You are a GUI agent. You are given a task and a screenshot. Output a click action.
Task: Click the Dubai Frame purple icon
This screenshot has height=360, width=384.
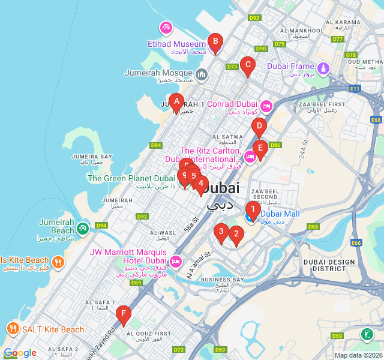324,68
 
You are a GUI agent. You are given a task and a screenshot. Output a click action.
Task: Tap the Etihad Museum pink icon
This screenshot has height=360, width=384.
166,28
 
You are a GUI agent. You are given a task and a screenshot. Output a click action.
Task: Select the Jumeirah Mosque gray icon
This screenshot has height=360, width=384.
201,74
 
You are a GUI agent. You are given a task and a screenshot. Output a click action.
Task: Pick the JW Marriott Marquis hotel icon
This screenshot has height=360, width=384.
176,262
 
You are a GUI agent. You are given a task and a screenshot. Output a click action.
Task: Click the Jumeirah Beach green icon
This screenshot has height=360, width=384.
83,228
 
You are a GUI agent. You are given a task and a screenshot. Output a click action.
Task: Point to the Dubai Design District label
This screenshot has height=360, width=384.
329,265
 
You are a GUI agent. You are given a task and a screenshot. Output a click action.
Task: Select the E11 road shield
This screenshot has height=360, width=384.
355,89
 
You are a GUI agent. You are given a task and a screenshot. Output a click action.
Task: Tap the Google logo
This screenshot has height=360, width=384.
20,353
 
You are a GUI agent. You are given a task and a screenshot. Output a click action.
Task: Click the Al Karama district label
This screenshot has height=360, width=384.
343,25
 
